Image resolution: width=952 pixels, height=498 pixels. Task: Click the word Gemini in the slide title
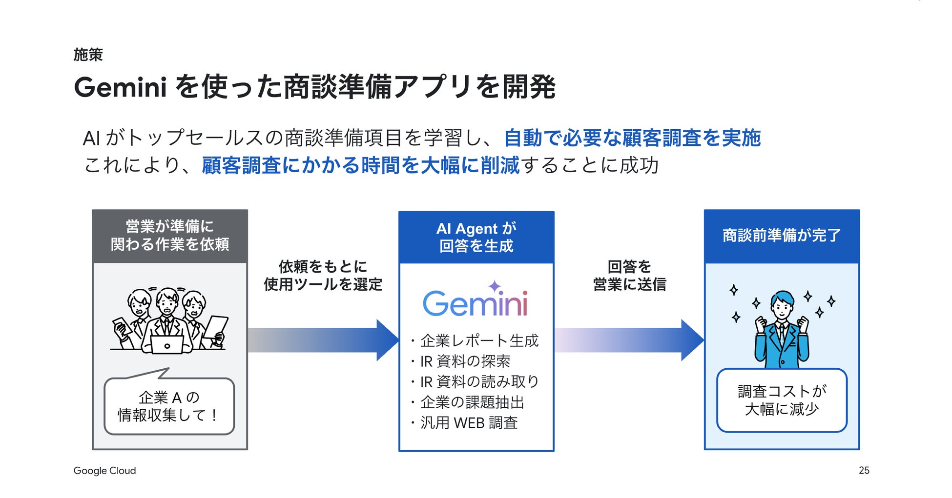(121, 87)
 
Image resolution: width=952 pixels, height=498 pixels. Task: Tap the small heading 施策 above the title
(88, 55)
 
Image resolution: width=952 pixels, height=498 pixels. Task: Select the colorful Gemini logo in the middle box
(475, 303)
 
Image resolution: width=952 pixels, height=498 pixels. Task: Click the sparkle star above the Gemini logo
(495, 286)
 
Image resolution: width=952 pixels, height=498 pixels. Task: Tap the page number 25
(864, 470)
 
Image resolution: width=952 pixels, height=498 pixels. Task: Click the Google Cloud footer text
(104, 471)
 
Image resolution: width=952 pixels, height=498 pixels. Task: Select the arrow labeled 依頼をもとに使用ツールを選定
(323, 340)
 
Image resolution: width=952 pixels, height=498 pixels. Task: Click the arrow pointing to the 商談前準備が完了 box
(629, 340)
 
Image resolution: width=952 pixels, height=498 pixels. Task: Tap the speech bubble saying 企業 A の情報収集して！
(169, 406)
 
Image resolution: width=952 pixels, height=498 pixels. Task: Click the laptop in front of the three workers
(167, 344)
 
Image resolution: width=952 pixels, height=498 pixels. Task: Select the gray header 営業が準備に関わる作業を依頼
(170, 236)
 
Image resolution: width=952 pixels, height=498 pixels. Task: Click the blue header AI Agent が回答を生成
(476, 237)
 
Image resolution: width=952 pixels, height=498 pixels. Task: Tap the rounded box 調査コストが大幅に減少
(782, 400)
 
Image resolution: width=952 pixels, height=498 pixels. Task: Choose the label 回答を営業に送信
(629, 276)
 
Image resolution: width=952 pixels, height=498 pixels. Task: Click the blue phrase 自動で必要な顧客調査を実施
(632, 138)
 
